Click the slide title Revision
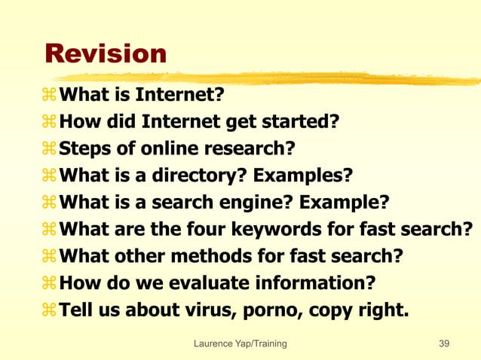(105, 53)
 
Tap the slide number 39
(444, 344)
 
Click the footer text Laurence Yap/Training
(240, 344)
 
